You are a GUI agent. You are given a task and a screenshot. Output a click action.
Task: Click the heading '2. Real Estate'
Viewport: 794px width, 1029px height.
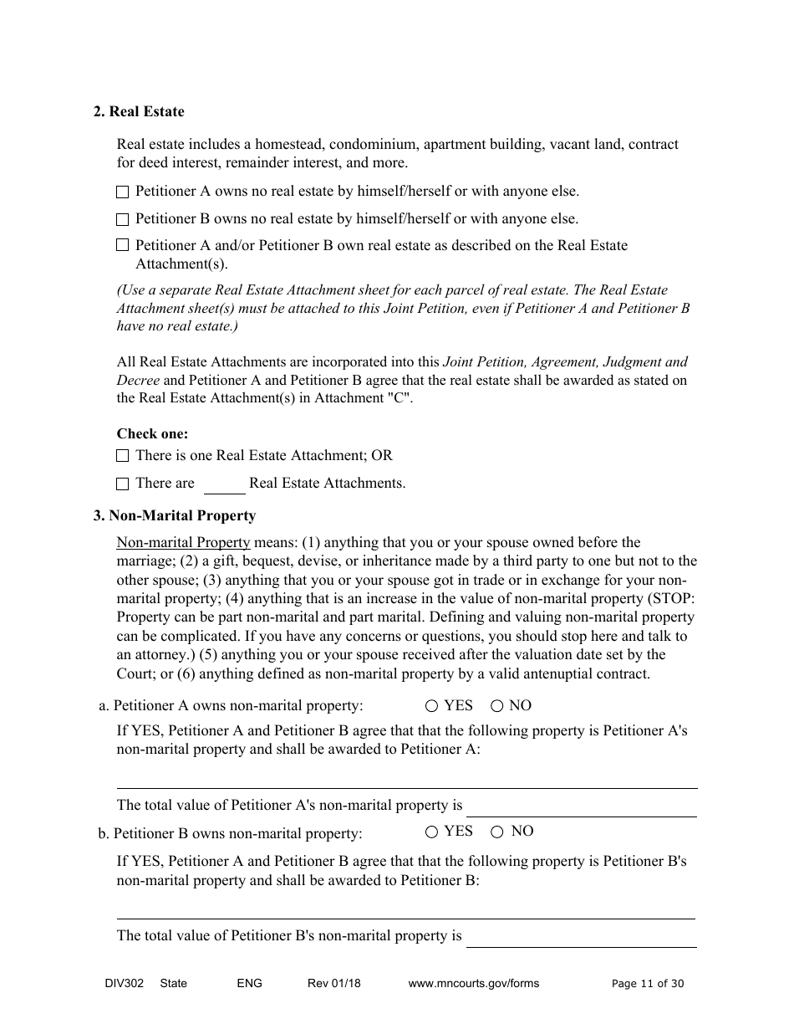139,112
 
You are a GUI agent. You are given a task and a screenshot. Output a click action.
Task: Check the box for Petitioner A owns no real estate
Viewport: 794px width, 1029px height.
123,192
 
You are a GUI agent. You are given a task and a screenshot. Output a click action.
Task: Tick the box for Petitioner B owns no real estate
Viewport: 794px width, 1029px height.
123,220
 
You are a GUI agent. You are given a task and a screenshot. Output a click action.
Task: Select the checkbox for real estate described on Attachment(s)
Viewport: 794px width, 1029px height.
123,246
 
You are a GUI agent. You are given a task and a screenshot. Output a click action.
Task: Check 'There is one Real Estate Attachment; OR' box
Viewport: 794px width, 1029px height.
123,457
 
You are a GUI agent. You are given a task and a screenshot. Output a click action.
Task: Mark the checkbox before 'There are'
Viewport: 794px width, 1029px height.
123,484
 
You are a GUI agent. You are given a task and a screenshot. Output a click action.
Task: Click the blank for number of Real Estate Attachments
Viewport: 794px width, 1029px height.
224,486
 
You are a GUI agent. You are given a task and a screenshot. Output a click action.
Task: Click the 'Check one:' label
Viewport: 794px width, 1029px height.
152,434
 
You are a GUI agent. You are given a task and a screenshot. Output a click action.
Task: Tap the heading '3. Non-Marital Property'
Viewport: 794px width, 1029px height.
175,516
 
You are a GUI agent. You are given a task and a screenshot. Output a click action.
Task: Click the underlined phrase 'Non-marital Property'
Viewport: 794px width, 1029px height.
183,543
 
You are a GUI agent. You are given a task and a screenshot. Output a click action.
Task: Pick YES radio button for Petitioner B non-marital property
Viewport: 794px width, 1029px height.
432,832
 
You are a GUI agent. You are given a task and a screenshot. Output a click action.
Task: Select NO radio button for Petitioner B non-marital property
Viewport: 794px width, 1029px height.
497,832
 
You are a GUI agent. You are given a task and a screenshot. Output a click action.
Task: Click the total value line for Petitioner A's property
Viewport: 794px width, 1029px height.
582,808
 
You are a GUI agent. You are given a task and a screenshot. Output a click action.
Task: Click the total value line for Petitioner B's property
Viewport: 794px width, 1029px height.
582,939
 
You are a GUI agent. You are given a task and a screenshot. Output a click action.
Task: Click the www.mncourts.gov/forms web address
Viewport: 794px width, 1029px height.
474,984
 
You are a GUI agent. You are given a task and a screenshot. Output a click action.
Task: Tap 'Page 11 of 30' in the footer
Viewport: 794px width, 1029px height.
648,984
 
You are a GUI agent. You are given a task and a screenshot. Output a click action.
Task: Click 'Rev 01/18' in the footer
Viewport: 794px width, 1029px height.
334,984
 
